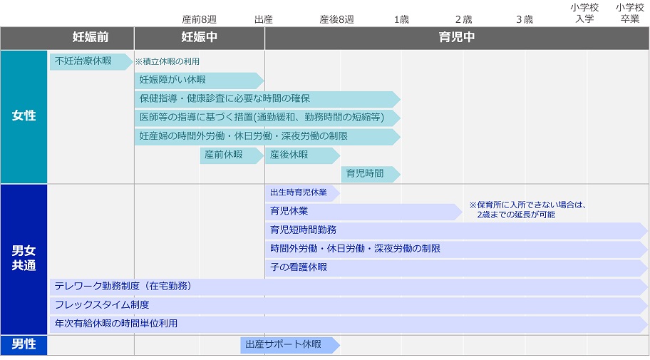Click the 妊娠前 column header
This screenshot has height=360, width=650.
click(x=91, y=37)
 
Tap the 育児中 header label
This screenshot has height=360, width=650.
click(x=457, y=37)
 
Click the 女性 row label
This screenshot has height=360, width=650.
click(x=24, y=116)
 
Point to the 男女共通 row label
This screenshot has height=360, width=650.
click(x=24, y=259)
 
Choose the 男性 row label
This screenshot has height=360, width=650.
click(x=24, y=344)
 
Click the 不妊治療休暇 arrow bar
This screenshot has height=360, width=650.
click(x=91, y=61)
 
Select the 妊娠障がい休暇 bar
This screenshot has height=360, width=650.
click(x=199, y=80)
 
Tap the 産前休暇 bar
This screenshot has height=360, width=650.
click(x=232, y=155)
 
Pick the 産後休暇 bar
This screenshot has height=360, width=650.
click(x=303, y=155)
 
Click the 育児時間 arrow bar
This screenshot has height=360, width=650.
click(x=371, y=174)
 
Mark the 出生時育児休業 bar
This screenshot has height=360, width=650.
click(x=303, y=193)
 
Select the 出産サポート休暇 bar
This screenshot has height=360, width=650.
click(x=290, y=344)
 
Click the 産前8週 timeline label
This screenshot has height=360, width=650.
click(x=200, y=19)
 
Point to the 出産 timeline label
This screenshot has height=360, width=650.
click(x=264, y=19)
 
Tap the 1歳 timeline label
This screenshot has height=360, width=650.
click(x=401, y=19)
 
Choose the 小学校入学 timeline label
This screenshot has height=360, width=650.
click(x=584, y=14)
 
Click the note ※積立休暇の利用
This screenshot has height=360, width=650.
click(x=167, y=61)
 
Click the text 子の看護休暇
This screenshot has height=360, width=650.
click(x=299, y=267)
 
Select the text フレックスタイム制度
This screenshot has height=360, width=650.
click(x=102, y=305)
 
